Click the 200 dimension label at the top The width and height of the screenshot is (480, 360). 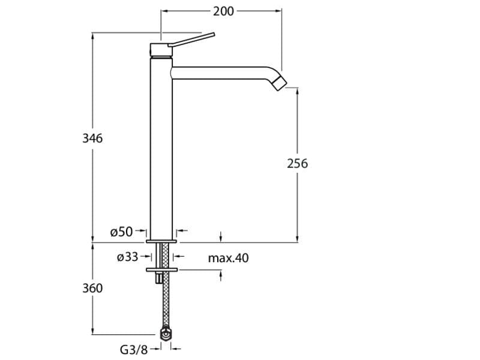pyautogui.click(x=223, y=11)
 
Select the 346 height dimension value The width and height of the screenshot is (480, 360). pyautogui.click(x=92, y=139)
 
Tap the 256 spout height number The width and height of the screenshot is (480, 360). pyautogui.click(x=297, y=163)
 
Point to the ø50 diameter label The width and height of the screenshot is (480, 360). pyautogui.click(x=122, y=232)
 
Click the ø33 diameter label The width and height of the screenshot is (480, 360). pyautogui.click(x=128, y=257)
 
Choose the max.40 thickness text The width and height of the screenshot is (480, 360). pyautogui.click(x=229, y=258)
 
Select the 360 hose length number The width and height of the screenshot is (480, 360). pyautogui.click(x=92, y=288)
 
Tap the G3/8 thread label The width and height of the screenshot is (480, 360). pyautogui.click(x=134, y=349)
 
